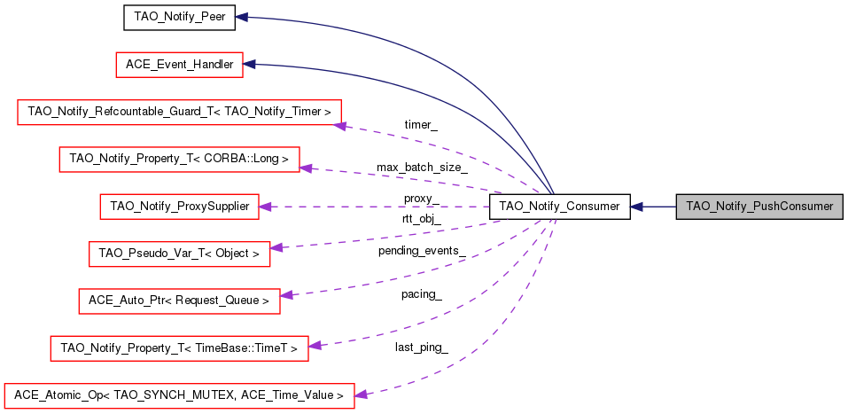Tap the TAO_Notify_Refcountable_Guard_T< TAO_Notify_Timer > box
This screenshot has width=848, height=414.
(x=180, y=112)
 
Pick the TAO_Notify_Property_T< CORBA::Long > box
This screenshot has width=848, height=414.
(x=179, y=160)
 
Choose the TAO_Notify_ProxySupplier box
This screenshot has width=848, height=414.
(x=179, y=207)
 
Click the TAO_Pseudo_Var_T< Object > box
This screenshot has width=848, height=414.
(x=179, y=254)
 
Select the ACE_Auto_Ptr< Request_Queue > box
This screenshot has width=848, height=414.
(x=179, y=301)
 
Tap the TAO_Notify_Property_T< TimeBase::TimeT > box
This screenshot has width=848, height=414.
(x=179, y=348)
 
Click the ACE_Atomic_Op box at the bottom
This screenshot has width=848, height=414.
(x=179, y=395)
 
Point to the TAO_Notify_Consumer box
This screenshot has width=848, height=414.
(x=559, y=207)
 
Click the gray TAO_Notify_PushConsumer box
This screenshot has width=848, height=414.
(x=759, y=207)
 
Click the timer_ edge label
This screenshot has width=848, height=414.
(x=420, y=125)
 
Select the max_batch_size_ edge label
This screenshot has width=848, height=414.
(x=421, y=167)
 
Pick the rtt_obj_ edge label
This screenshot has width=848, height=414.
(x=421, y=218)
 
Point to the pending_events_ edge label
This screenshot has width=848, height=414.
(x=421, y=251)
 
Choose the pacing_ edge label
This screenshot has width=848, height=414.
(x=421, y=293)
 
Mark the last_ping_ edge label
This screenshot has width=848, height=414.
(x=421, y=347)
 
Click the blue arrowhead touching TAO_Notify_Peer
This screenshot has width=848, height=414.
(x=241, y=17)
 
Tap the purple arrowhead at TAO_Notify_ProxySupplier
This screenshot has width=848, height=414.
(x=264, y=207)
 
